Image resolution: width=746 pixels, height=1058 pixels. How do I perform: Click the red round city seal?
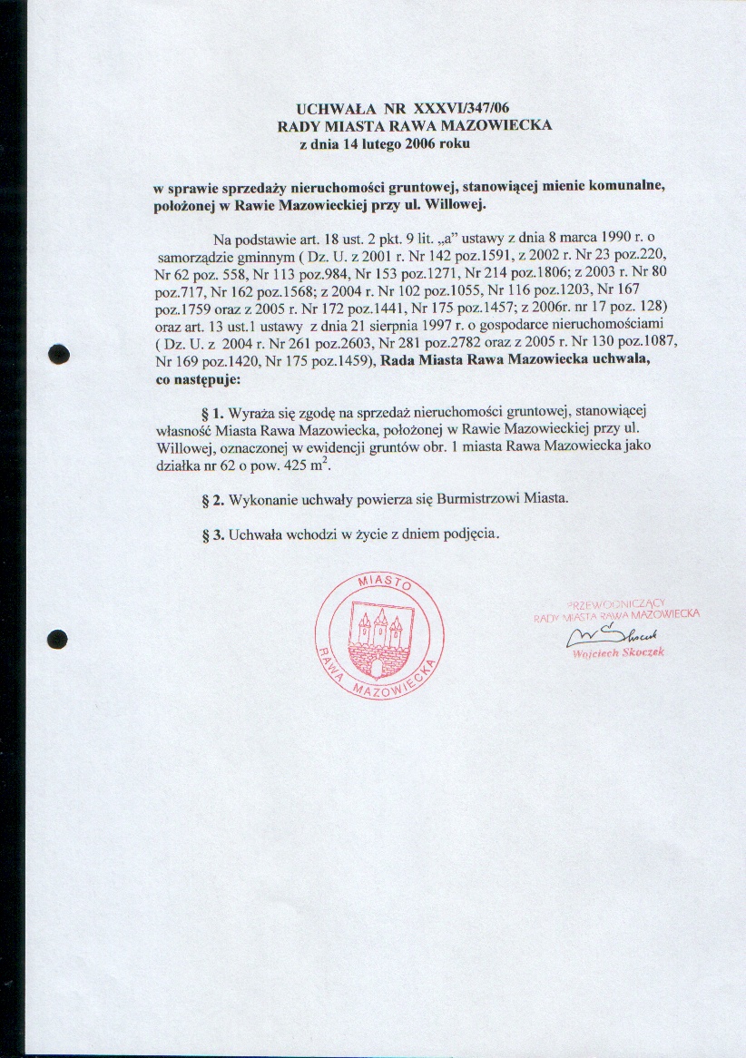[x=379, y=636]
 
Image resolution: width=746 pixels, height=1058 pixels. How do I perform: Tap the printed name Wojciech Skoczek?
[x=619, y=654]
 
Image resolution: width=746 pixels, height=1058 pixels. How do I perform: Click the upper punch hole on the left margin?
[x=59, y=355]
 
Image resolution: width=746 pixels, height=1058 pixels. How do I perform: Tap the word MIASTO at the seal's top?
[x=380, y=582]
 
